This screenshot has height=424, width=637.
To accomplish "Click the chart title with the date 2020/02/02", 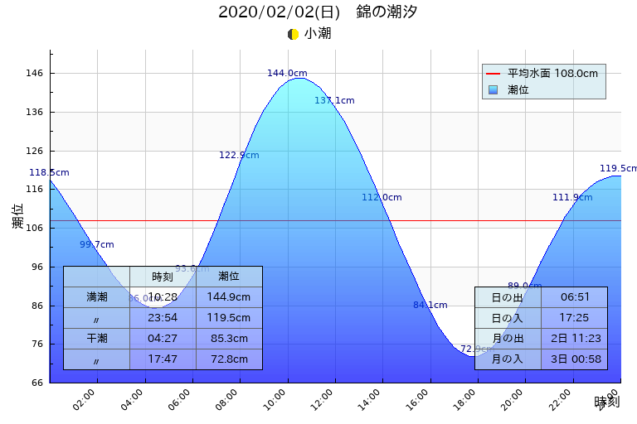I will point(318,12).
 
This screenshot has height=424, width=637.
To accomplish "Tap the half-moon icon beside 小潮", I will point(293,34).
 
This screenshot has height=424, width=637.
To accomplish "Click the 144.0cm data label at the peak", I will point(287,74).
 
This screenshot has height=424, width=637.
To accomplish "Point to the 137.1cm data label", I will point(334,101).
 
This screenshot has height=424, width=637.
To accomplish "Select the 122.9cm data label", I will point(239,156).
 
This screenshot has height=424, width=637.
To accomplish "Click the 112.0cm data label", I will point(382,198).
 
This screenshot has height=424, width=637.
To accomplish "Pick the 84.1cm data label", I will point(430,306).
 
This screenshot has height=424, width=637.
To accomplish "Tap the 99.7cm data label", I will point(97,245).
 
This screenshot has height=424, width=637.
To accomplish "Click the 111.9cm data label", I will point(572,198).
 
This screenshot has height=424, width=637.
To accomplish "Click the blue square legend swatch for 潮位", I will point(494,89).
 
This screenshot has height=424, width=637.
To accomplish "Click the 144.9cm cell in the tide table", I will point(229,297).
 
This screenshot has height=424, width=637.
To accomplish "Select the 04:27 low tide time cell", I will point(163,339).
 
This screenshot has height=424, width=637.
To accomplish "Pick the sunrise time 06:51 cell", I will point(575,297).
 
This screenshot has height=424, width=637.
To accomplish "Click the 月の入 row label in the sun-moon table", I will point(507,359).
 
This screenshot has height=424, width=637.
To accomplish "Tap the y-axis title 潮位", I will point(18,217).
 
